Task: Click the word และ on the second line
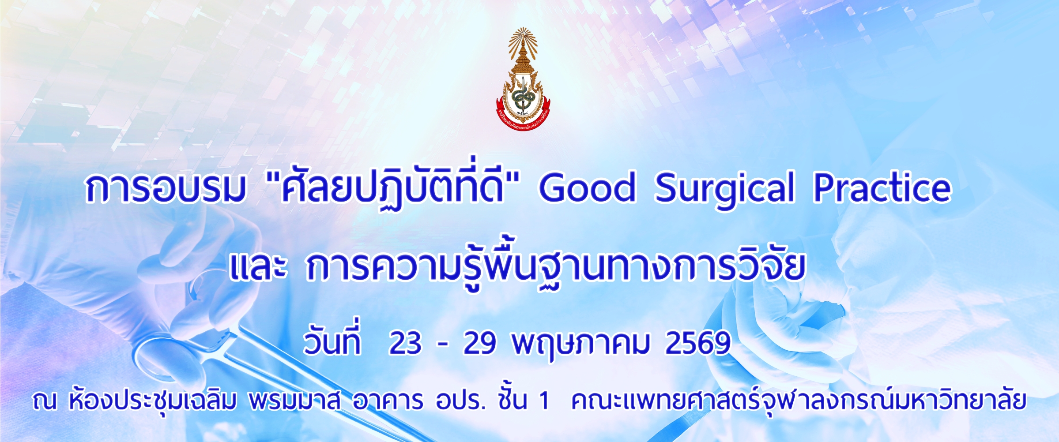[x=258, y=267]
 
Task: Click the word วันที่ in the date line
[x=332, y=342]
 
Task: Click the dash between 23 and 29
[x=442, y=344]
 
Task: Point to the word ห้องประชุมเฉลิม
[x=153, y=401]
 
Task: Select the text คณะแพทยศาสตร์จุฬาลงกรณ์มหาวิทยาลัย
[x=798, y=401]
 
